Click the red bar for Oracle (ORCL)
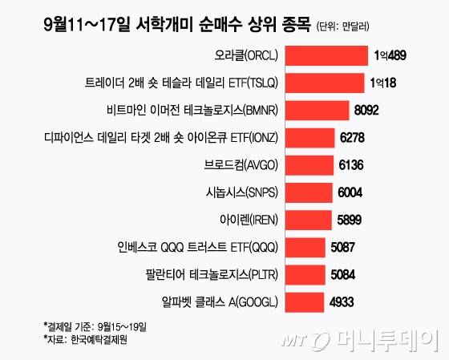(322, 57)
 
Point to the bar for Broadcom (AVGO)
(307, 165)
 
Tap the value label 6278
(354, 138)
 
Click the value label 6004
(351, 192)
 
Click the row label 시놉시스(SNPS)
(240, 192)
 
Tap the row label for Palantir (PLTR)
(212, 273)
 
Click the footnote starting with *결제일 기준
(96, 328)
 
